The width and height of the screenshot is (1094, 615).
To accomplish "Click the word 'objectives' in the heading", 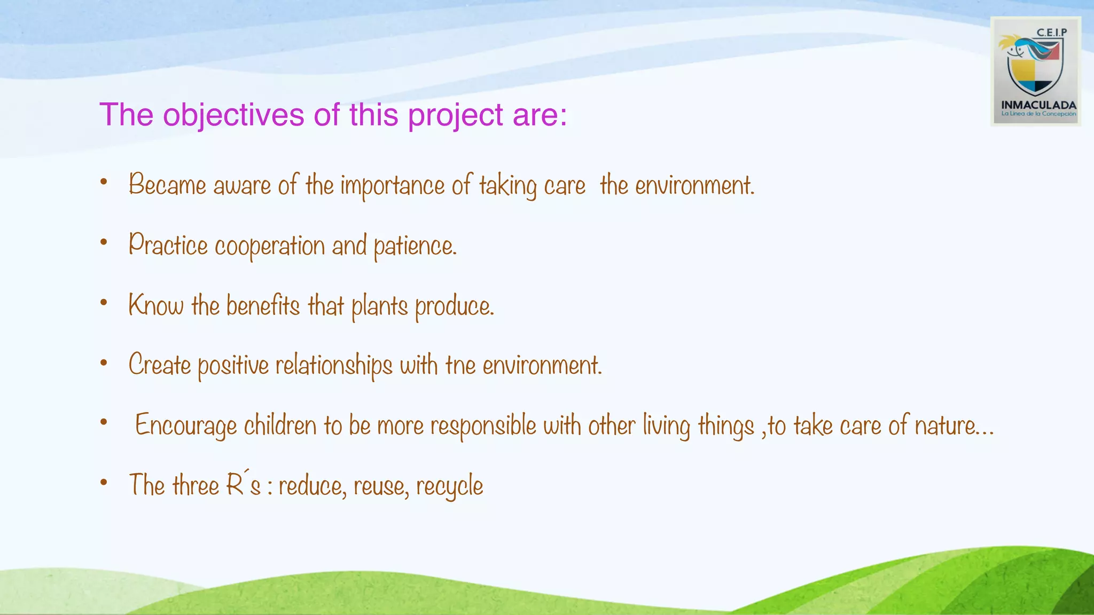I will [233, 115].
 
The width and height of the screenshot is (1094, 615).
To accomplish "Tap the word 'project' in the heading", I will [455, 115].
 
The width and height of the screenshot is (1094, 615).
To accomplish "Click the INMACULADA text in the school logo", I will [1038, 105].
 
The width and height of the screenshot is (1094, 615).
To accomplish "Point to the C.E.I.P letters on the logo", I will [1051, 33].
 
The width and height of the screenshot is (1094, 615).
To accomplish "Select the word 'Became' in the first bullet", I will [167, 185].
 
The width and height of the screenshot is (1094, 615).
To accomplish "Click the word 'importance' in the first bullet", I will [393, 186].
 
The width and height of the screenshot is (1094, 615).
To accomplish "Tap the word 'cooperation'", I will [269, 246].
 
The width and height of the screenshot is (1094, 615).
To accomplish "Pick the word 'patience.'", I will [415, 246].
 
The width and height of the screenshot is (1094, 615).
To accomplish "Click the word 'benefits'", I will [263, 306].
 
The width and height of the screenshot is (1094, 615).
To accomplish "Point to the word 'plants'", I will [379, 306].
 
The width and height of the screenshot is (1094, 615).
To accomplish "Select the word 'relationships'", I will [334, 366].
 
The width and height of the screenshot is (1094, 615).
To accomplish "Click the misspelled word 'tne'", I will [460, 366].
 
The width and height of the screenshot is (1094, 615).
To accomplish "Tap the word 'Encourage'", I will [185, 426].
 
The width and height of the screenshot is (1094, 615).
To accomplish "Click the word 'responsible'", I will [483, 426].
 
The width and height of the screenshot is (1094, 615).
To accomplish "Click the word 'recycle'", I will [449, 486].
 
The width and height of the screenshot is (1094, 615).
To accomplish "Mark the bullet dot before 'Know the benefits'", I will [104, 303].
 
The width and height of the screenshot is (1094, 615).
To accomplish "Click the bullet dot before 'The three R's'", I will [104, 483].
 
